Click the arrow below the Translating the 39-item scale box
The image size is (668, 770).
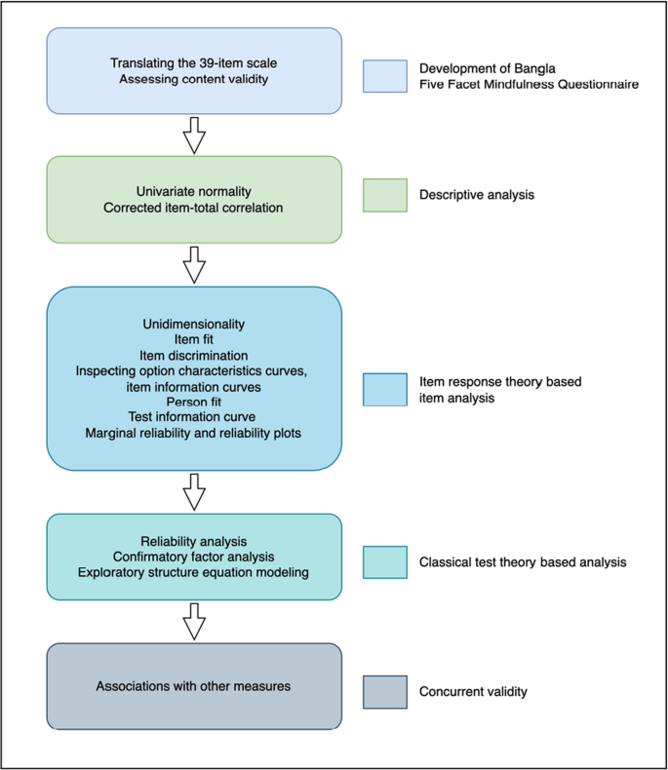[x=195, y=135]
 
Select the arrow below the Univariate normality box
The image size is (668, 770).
[x=195, y=263]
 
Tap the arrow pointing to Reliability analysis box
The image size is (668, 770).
[x=195, y=492]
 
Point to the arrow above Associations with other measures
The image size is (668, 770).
[x=195, y=621]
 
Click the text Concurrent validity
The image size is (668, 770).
[x=473, y=691]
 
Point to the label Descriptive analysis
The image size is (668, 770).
[x=479, y=195]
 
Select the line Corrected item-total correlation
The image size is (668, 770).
[x=194, y=208]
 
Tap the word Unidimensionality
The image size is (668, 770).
[x=194, y=323]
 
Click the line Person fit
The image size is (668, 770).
[x=194, y=401]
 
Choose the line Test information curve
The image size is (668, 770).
[x=194, y=416]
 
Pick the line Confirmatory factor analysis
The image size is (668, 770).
[x=194, y=556]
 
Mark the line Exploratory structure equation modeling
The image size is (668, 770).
[x=194, y=571]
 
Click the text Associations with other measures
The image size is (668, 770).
[x=194, y=686]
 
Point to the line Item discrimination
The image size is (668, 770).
[x=194, y=354]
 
